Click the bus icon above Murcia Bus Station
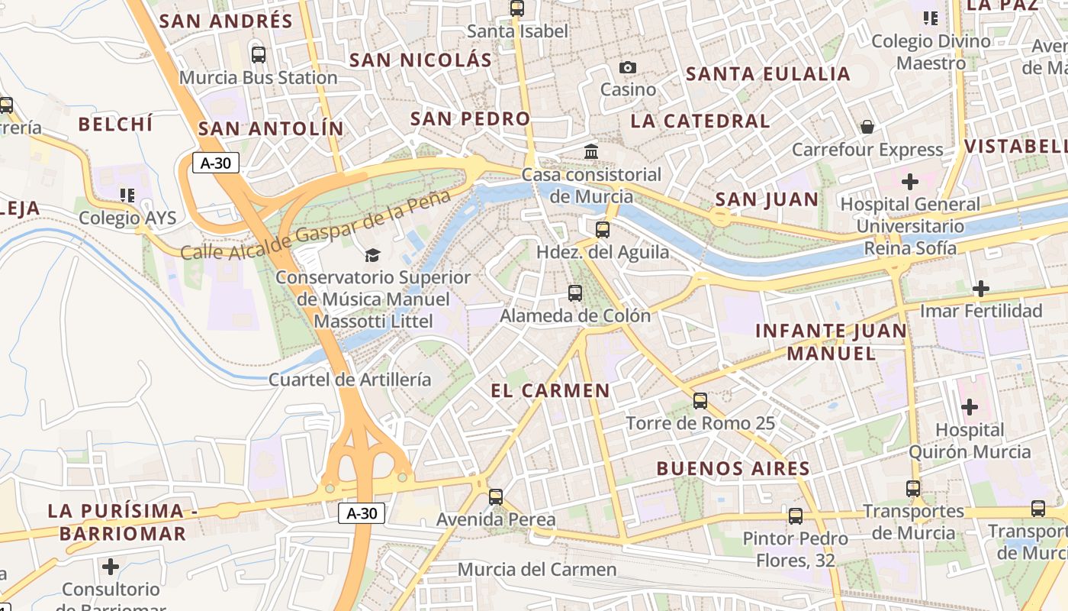(259, 55)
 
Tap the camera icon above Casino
(628, 68)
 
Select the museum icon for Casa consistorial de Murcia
(591, 152)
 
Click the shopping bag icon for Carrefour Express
(867, 127)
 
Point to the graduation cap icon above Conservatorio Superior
(372, 255)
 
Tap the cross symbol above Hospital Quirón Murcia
(970, 407)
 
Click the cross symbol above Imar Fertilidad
(981, 289)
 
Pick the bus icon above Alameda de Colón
(575, 293)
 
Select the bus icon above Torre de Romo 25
(700, 401)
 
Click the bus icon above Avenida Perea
(496, 497)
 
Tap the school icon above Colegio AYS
(127, 196)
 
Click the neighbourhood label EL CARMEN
(550, 391)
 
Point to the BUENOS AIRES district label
(733, 468)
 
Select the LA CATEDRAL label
(700, 121)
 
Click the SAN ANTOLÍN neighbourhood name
(271, 128)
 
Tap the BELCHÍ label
(116, 124)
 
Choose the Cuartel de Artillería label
(350, 380)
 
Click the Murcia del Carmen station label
(537, 569)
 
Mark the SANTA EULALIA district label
(768, 74)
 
